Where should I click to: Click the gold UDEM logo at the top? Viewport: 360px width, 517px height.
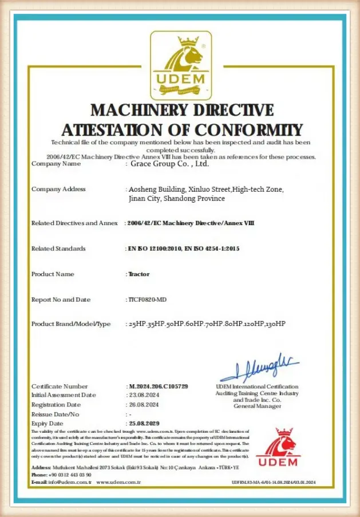(x=180, y=65)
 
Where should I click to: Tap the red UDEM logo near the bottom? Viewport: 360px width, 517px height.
(x=278, y=448)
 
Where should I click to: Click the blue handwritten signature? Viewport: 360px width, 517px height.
(x=259, y=366)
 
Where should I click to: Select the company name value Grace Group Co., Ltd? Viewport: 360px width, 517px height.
(x=169, y=164)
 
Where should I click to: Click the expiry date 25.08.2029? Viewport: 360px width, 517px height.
(x=145, y=423)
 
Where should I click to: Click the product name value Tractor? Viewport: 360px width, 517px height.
(x=139, y=274)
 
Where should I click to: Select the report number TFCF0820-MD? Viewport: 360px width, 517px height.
(x=147, y=299)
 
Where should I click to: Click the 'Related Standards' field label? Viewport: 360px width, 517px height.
(x=58, y=248)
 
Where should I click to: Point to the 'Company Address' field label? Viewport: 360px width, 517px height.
(x=58, y=189)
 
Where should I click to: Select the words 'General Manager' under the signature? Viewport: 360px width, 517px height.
(x=257, y=406)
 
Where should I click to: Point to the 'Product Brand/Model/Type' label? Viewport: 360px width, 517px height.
(x=71, y=324)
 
